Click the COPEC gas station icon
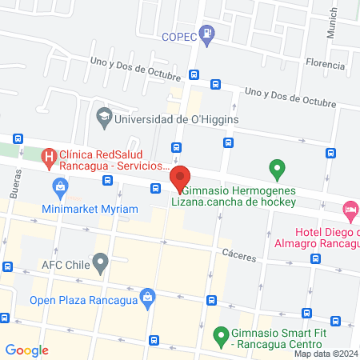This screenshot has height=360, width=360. coord(208,33)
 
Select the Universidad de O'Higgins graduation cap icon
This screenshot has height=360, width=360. coord(104,118)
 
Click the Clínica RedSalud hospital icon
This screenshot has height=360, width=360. coord(49,156)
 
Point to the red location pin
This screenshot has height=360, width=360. coord(180,178)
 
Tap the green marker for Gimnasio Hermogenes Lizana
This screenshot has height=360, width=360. coord(277,170)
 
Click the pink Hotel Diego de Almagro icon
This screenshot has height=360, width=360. coord(350,211)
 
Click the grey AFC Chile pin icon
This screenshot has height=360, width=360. coord(100,262)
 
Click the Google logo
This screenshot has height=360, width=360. coord(26,350)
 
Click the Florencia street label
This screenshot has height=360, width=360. coord(324,64)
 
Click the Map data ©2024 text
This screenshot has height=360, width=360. coord(326,354)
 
